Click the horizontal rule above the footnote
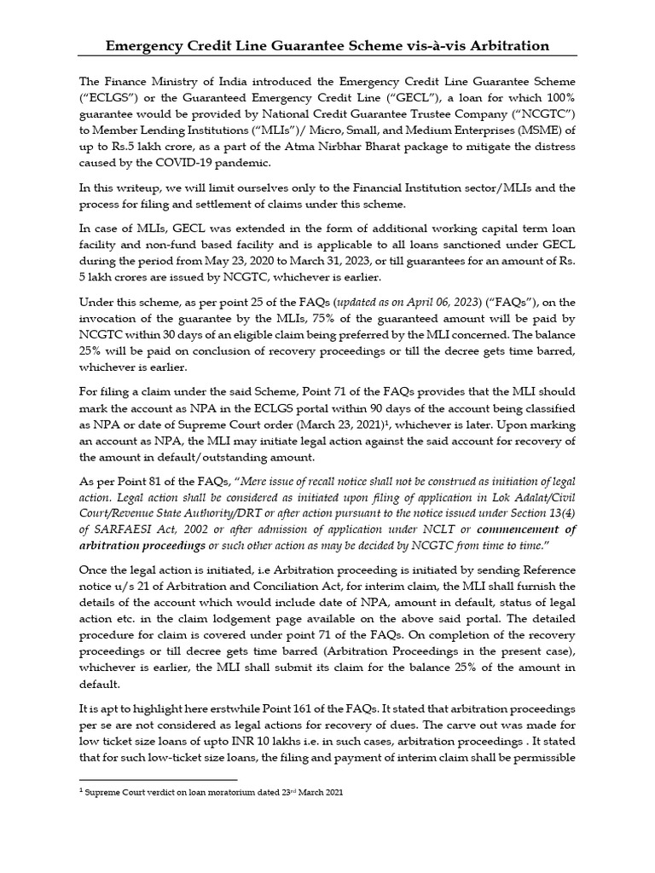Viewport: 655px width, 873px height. (x=158, y=779)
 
